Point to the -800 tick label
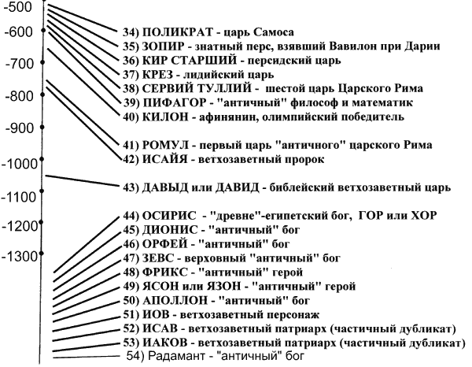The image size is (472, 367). pos(20,96)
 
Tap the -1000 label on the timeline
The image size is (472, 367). pos(22,163)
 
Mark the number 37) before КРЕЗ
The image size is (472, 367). pos(132,75)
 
